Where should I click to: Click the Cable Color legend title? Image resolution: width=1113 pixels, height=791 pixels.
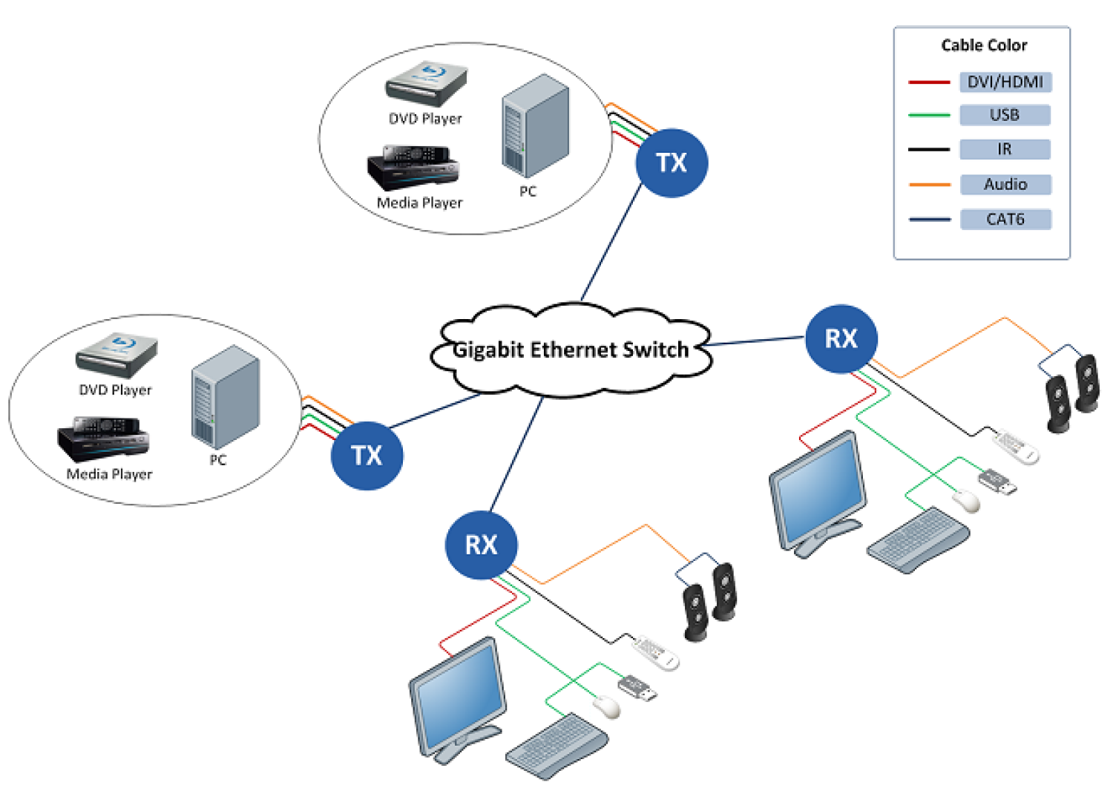pos(983,45)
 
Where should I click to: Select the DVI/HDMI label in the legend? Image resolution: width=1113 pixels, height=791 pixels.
pos(1005,82)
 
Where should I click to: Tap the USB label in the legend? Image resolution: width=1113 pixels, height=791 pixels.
pos(1005,115)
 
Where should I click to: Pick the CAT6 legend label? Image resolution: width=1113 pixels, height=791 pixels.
pos(1005,219)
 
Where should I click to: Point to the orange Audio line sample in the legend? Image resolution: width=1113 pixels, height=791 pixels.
pos(929,184)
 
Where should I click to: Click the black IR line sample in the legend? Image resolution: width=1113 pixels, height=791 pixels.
pos(929,149)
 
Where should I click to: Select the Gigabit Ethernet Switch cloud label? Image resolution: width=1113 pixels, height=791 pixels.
pos(571,349)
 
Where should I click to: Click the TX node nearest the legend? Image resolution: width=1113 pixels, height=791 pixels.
pos(672,163)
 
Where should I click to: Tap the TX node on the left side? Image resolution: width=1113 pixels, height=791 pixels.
pos(367,455)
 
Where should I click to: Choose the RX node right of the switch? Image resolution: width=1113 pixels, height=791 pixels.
pos(841,338)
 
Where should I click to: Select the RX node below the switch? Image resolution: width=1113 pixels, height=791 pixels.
pos(481,545)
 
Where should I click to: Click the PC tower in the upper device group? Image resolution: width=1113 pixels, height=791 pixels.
pos(535,125)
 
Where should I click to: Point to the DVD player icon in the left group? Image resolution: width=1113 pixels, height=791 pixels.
pos(116,355)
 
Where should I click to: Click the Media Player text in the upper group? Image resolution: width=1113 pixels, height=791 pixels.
pos(419,203)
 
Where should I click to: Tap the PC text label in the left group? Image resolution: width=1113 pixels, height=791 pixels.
pos(217,460)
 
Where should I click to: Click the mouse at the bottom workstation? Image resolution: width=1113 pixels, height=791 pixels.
pos(607,706)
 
